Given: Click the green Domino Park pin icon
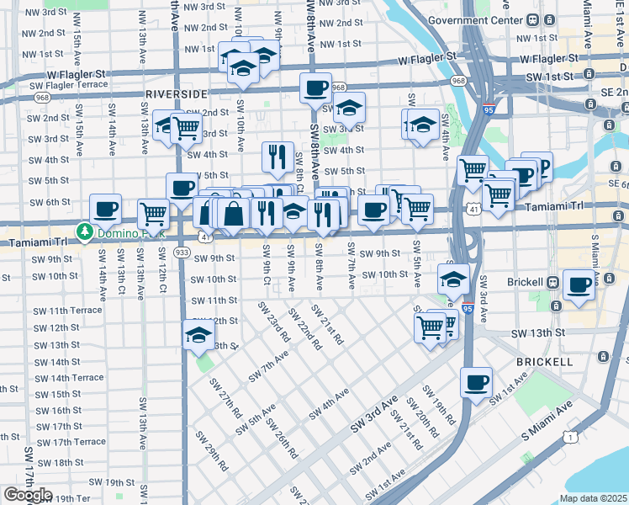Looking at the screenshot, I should tap(84, 231).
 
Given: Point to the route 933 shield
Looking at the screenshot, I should tap(182, 252).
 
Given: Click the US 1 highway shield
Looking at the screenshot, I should tap(571, 435).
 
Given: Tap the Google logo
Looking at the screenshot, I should tap(28, 495).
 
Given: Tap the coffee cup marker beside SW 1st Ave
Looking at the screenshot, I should tap(476, 382).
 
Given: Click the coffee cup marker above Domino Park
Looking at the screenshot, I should tap(106, 209).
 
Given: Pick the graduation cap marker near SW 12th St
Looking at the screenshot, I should tap(198, 335).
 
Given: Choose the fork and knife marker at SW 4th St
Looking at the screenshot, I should tap(277, 156).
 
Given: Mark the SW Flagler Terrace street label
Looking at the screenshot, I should tap(69, 85).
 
